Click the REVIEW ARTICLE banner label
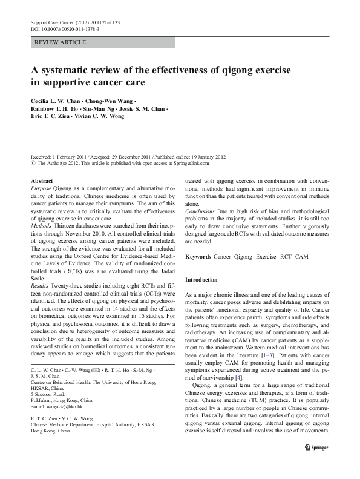click(x=61, y=42)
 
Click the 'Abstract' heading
click(x=42, y=181)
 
